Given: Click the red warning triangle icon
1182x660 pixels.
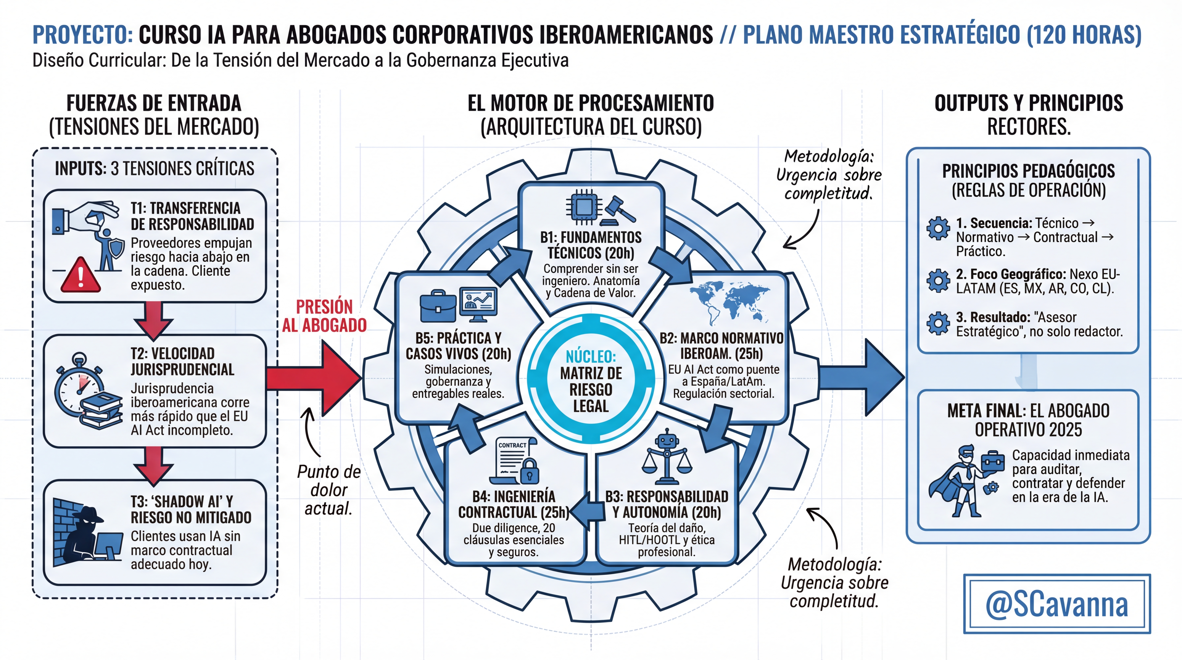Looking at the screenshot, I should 81,275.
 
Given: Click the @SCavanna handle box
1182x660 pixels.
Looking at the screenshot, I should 1056,604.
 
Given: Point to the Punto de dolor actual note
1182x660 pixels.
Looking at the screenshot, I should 329,490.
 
